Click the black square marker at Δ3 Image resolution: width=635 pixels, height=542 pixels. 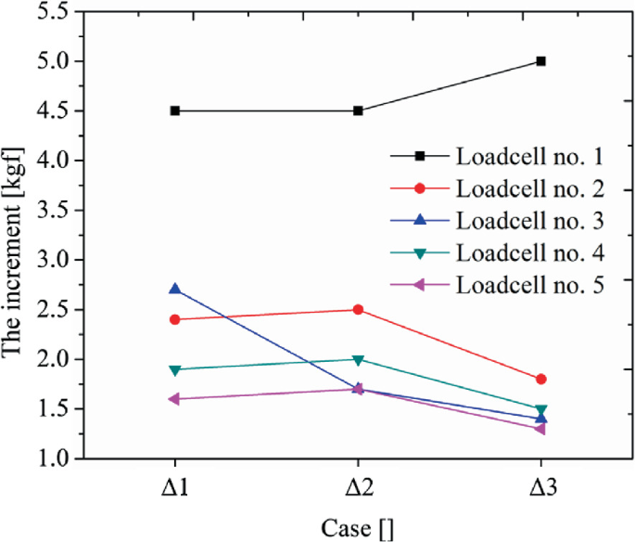tap(540, 61)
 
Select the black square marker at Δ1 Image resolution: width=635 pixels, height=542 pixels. tap(174, 110)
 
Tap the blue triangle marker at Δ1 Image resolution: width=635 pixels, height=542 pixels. tap(174, 289)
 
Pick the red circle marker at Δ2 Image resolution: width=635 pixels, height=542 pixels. tap(358, 309)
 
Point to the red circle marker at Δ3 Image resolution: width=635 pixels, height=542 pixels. tap(540, 379)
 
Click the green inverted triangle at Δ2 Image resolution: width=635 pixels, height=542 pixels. tap(358, 359)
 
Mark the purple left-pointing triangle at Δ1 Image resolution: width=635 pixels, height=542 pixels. tap(173, 399)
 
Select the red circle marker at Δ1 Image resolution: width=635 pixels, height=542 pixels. tap(174, 319)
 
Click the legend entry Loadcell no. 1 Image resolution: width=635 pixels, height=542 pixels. tap(529, 155)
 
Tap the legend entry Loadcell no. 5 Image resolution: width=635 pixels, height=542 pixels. tap(529, 285)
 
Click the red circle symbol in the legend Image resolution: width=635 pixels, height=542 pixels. tap(419, 188)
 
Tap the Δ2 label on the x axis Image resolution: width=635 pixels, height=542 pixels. tap(358, 488)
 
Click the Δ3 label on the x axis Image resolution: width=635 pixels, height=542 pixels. tap(540, 488)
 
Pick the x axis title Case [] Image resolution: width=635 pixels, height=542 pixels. tap(358, 527)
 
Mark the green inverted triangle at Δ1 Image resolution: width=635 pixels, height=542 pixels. tap(174, 369)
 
